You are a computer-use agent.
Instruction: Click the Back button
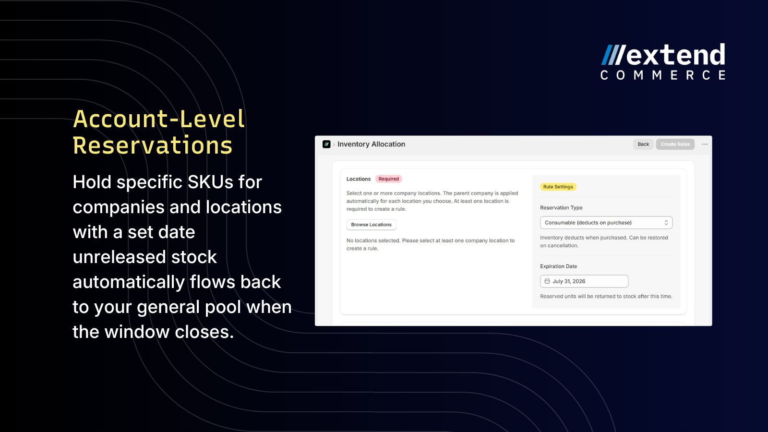coord(643,144)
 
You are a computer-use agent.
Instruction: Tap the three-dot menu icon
coord(705,144)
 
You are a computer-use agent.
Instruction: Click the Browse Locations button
coord(372,225)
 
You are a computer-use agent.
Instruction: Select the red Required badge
coord(388,179)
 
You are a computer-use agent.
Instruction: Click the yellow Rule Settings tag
coord(558,187)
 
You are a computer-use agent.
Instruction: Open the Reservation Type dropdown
coord(606,223)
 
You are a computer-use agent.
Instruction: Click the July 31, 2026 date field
coord(584,281)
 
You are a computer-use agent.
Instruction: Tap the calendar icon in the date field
coord(547,281)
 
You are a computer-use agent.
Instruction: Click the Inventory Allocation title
coord(372,144)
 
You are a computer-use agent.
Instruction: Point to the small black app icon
coord(326,144)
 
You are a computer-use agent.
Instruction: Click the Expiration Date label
coord(559,266)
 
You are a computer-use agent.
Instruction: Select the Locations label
coord(358,179)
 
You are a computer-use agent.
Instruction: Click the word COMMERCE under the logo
coord(663,75)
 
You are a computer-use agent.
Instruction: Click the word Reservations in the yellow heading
coord(153,145)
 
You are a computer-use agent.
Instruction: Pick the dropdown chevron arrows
coord(666,223)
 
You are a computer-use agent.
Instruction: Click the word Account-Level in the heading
coord(159,119)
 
